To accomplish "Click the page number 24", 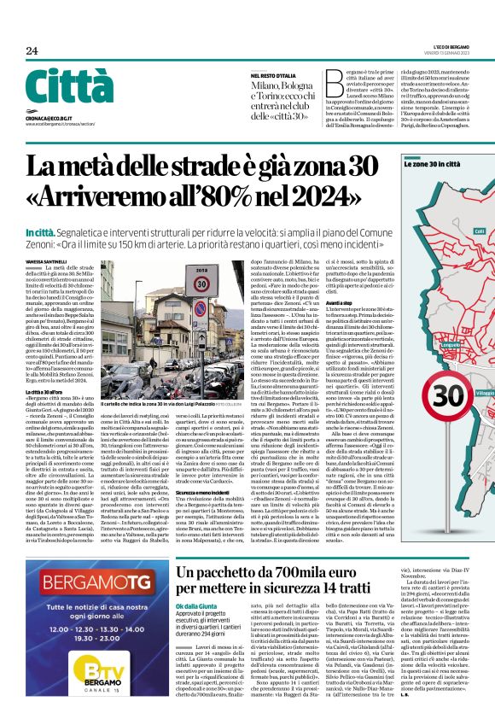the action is click(x=32, y=51).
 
